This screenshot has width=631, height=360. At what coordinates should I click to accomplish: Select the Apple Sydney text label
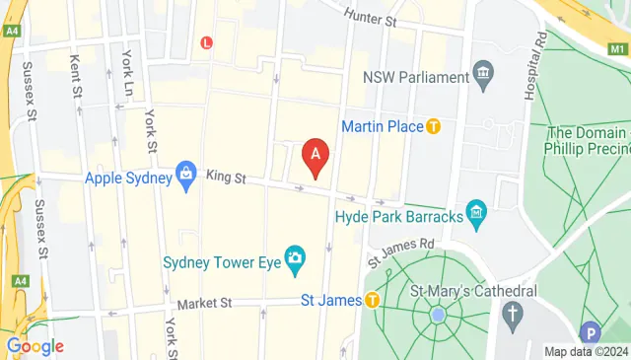coord(128,179)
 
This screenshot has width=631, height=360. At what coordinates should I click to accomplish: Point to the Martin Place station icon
coord(432,126)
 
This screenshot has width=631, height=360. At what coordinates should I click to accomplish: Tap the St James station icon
coord(372,301)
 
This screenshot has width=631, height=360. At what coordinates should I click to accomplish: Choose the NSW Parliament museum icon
coord(483,74)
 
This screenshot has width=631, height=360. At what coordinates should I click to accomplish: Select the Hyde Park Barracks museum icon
coord(476,211)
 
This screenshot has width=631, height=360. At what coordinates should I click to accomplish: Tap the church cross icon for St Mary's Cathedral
coord(511,316)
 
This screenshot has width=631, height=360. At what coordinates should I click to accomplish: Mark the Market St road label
coord(199,305)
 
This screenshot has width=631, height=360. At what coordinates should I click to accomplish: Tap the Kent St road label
coord(76,75)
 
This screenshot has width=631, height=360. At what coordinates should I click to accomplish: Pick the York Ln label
coord(126,67)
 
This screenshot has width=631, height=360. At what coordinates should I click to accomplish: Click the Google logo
coord(35,346)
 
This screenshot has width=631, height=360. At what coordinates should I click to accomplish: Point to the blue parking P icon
coord(591,333)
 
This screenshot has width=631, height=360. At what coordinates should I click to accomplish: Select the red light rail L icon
coord(207,42)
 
